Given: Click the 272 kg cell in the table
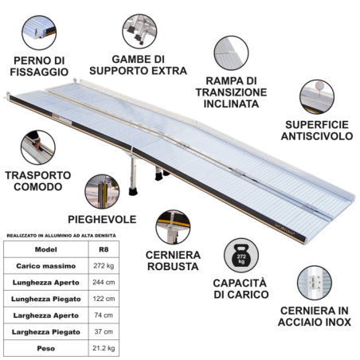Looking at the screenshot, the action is [104, 266].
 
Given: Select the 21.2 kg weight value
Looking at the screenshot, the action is [104, 348].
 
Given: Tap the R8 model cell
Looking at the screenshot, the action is [104, 249].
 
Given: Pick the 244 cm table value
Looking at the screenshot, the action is [104, 282].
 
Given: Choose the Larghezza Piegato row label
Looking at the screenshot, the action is [46, 332].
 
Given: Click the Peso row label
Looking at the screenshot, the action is [46, 348].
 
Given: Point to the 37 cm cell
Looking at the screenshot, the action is [104, 331].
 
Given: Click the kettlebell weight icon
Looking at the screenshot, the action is [241, 255].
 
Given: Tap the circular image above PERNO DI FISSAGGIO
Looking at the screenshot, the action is [39, 33].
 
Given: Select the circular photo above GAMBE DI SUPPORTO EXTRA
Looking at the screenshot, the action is [139, 31].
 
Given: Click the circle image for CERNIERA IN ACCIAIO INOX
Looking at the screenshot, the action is [315, 283].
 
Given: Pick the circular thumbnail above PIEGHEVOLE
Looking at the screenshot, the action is [102, 191].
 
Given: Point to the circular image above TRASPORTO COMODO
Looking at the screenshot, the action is [38, 147].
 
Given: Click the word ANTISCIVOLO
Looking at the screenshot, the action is [317, 136].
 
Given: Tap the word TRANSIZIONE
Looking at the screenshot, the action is [231, 92].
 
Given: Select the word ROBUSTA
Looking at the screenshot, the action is [173, 267].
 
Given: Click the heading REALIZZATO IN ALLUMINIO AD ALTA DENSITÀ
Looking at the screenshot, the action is [61, 236].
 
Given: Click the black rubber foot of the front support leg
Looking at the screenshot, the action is [133, 191].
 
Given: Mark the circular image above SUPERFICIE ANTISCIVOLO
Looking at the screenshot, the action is [317, 97].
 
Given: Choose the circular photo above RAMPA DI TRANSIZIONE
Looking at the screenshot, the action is [231, 53].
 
